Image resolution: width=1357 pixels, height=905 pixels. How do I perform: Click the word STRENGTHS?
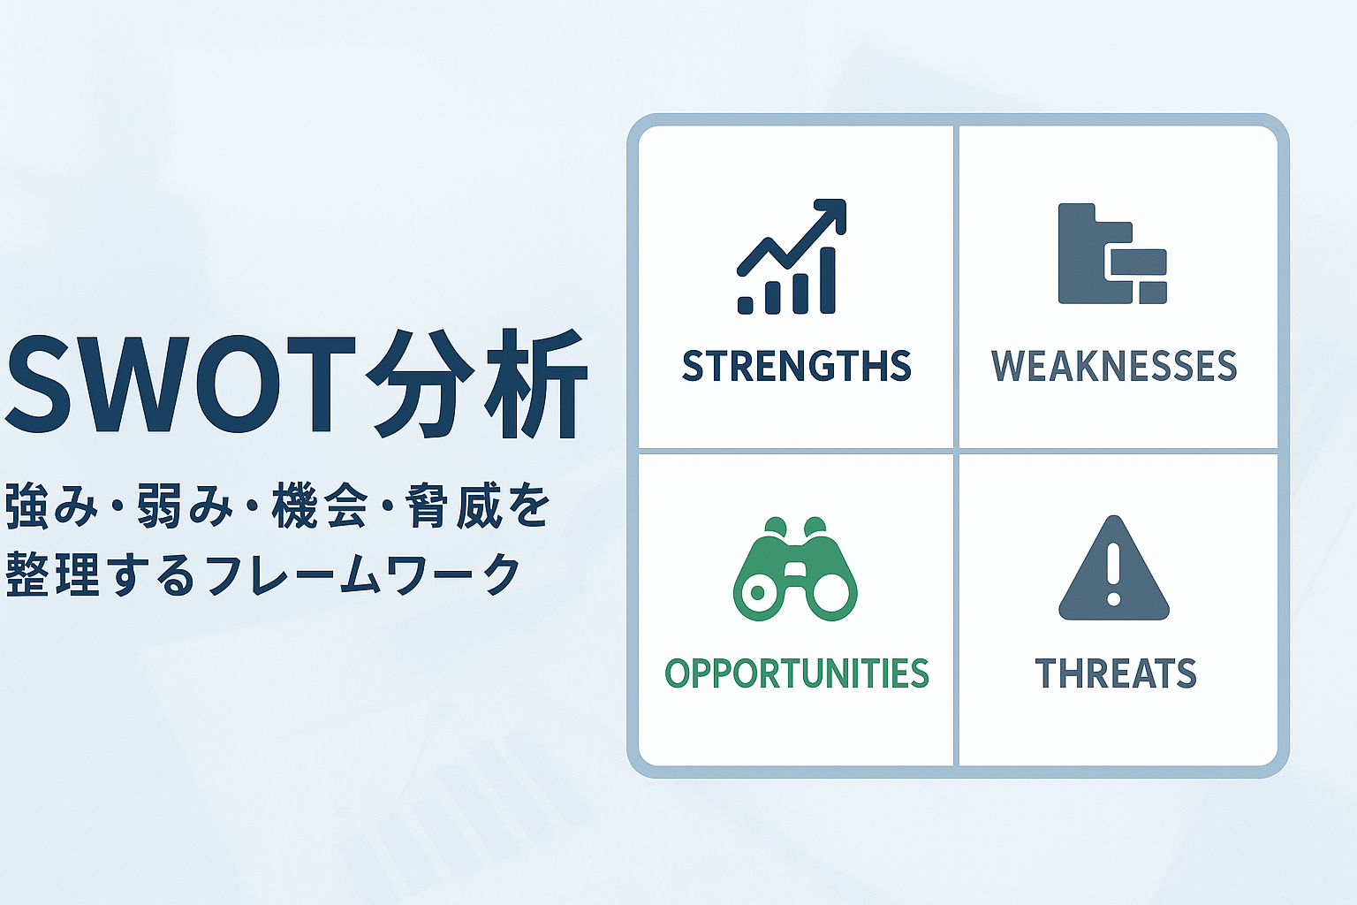(x=797, y=366)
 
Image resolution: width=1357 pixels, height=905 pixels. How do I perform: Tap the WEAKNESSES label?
(x=1113, y=366)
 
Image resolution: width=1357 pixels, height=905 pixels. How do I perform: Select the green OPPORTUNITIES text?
(x=797, y=673)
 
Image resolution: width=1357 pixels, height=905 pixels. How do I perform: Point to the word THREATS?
(x=1115, y=673)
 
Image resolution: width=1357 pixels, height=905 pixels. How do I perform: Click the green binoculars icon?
(x=795, y=568)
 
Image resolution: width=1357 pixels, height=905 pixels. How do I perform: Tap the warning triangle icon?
(x=1113, y=567)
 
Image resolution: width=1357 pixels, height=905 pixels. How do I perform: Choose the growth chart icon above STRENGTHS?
(x=792, y=256)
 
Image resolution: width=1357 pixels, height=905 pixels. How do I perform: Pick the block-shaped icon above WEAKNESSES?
(x=1112, y=254)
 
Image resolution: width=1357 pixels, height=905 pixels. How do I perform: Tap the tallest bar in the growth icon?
(x=828, y=280)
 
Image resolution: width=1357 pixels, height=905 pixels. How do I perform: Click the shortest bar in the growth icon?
(x=746, y=306)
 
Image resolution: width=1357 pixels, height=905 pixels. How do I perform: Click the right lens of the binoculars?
(x=831, y=592)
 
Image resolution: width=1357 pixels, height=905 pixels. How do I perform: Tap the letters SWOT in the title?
(x=180, y=384)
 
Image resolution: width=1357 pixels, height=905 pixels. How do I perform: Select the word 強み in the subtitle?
(x=51, y=506)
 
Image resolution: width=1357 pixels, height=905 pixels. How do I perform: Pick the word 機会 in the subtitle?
(x=320, y=506)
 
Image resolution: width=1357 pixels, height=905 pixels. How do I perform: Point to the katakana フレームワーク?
(x=363, y=574)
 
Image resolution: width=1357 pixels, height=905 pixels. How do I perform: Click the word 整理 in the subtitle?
(x=52, y=574)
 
